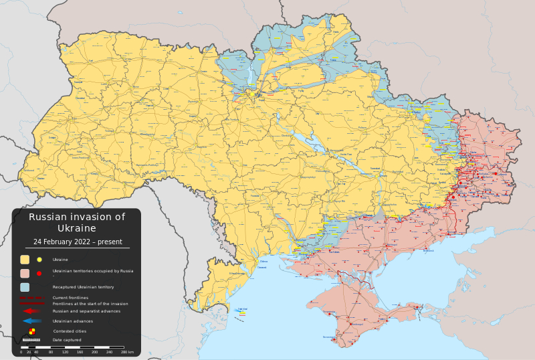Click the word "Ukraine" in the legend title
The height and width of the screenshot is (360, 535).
pos(76,228)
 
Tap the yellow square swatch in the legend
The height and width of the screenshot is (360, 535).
pos(25,260)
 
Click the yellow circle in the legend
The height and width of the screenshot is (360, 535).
pos(39,260)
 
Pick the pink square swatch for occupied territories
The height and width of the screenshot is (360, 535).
pos(25,273)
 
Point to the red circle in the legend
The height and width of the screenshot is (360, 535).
pos(39,273)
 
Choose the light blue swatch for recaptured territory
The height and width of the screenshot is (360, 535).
pos(25,286)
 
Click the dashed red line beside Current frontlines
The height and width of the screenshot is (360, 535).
pos(31,297)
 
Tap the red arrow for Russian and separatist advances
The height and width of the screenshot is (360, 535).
pos(31,311)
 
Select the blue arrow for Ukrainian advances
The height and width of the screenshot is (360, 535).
pos(31,321)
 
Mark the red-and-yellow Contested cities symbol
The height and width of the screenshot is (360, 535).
pos(32,331)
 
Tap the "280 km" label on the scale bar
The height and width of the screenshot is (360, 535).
pos(127,352)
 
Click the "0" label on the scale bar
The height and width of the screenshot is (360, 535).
pos(21,352)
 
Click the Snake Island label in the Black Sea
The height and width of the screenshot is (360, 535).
pos(242,310)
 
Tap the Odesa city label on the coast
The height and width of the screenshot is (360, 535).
pos(263,262)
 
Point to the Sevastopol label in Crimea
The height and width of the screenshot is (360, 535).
pos(329,337)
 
